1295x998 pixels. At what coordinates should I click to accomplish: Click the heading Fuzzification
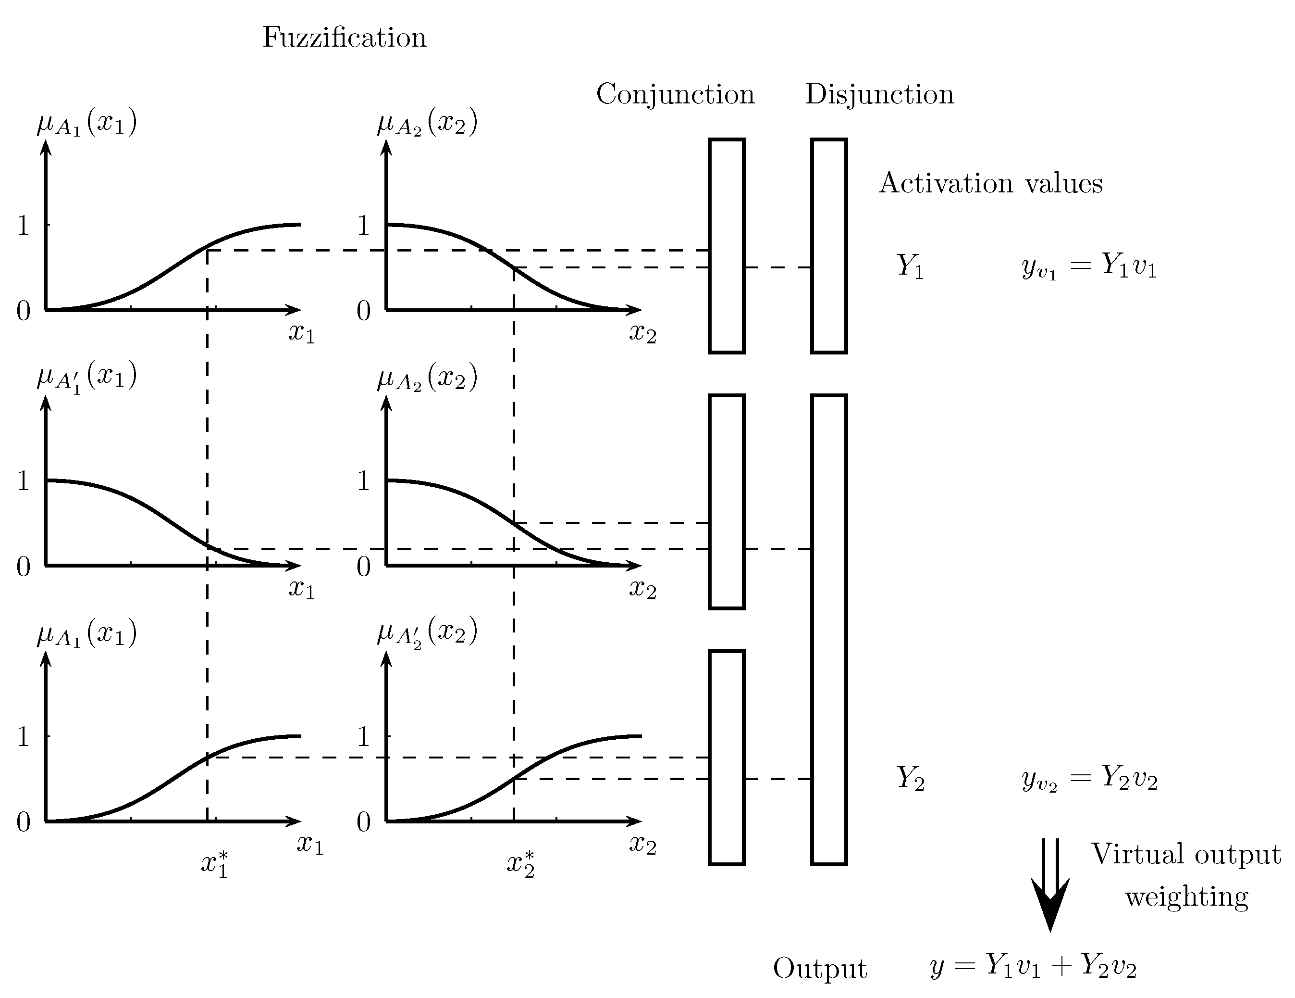tap(344, 38)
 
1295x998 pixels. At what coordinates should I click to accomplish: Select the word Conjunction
tap(675, 94)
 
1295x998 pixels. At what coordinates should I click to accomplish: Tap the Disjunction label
tap(879, 94)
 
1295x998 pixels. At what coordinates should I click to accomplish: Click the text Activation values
tap(990, 183)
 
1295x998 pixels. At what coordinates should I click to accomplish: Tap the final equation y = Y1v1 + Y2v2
tap(1033, 965)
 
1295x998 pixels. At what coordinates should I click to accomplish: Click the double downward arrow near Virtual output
tap(1050, 884)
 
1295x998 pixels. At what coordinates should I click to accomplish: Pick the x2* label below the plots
tap(520, 864)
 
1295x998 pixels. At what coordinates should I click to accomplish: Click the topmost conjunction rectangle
tap(727, 246)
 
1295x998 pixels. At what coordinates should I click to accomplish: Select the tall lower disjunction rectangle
tap(828, 629)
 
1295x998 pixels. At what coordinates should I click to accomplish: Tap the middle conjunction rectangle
tap(727, 501)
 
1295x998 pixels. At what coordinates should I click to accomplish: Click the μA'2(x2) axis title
tap(427, 633)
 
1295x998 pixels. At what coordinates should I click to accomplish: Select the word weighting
tap(1186, 897)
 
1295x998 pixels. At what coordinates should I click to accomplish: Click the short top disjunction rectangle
tap(828, 246)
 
